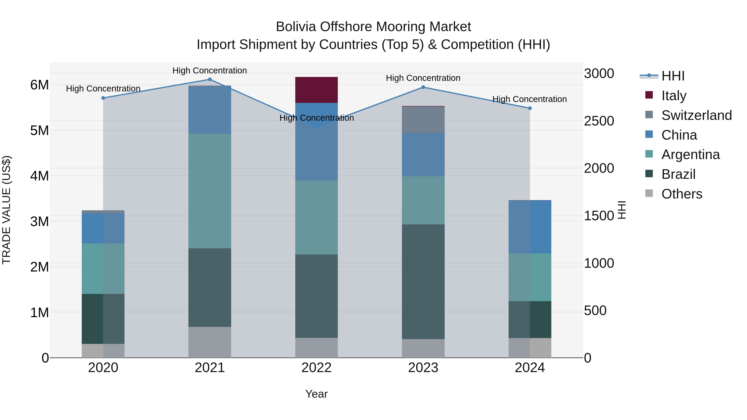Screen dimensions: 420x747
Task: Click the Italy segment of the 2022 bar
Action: (316, 90)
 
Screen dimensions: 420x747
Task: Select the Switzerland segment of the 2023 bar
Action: (423, 120)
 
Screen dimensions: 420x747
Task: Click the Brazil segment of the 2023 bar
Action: (423, 281)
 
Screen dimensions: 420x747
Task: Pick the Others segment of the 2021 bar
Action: (210, 342)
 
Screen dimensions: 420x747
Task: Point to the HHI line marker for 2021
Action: (210, 79)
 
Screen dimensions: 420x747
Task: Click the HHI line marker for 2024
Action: (530, 108)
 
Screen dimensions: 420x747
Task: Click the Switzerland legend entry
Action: (696, 115)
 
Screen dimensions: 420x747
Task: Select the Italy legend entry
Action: (674, 95)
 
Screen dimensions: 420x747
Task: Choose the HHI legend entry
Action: (673, 76)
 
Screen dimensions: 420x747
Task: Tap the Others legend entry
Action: (681, 194)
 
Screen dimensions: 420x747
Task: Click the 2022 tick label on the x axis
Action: (316, 368)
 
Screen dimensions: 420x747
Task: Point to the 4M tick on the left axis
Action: (39, 176)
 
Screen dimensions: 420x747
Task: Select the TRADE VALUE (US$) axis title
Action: (6, 210)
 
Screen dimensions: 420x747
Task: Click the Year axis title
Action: (316, 394)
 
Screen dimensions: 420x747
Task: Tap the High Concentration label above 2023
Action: (423, 78)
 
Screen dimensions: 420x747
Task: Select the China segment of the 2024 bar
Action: (530, 227)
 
